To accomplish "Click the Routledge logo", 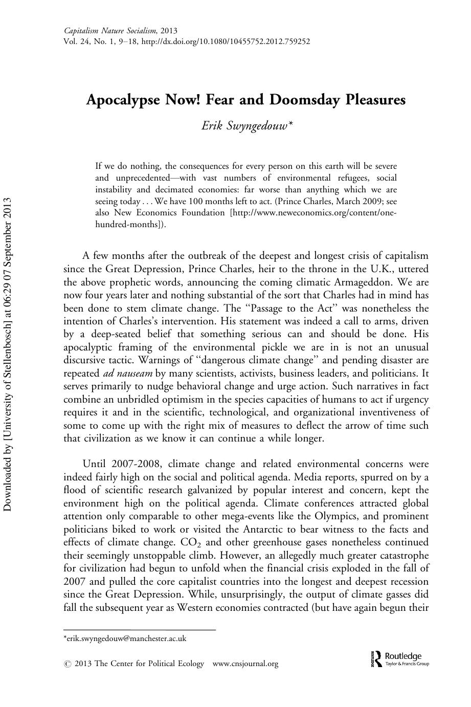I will [398, 658].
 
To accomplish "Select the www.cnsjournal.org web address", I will [245, 664].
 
